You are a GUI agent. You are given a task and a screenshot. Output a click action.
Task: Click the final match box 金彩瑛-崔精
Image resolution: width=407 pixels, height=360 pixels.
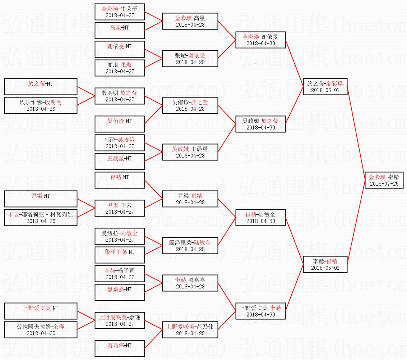(x=384, y=180)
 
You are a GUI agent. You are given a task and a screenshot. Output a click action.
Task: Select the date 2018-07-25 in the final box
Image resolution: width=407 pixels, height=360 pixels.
(x=384, y=184)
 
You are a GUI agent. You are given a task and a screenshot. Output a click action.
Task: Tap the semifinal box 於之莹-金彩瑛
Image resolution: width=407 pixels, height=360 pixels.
(x=325, y=87)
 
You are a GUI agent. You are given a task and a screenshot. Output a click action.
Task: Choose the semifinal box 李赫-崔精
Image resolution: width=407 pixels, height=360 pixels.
(x=325, y=264)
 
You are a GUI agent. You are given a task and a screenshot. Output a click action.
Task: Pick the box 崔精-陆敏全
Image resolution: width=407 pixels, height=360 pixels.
(x=260, y=218)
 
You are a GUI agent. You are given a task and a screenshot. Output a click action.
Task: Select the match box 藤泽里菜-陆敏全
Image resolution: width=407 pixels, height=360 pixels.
(x=190, y=246)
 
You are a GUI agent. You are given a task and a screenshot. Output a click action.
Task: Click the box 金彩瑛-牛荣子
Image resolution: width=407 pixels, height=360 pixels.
(x=120, y=12)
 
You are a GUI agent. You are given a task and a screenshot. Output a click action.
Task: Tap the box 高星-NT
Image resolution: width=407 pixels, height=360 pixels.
(x=120, y=30)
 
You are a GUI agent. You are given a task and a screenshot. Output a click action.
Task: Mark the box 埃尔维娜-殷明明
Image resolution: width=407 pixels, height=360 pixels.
(x=41, y=105)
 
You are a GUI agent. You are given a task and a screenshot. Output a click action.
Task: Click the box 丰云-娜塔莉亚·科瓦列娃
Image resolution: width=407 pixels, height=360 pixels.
(x=41, y=218)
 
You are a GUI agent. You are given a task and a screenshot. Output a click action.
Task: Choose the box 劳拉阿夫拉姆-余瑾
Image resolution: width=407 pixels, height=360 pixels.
(x=41, y=330)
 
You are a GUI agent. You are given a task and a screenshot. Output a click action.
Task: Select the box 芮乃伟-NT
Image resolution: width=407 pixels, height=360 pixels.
(x=120, y=348)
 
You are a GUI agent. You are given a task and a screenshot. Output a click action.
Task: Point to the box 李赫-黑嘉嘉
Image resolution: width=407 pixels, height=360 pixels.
(x=190, y=283)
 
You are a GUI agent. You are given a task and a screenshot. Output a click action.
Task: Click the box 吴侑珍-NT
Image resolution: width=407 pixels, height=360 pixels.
(x=120, y=124)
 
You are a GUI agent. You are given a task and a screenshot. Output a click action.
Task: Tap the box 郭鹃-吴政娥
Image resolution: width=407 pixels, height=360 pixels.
(x=120, y=143)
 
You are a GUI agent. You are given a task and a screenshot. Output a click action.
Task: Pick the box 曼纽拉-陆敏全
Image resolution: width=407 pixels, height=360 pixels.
(x=120, y=236)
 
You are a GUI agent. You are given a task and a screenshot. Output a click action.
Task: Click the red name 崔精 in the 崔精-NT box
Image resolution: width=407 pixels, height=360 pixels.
(x=116, y=177)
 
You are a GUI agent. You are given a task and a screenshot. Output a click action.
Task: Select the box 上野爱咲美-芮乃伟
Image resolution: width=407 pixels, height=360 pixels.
(x=190, y=330)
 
